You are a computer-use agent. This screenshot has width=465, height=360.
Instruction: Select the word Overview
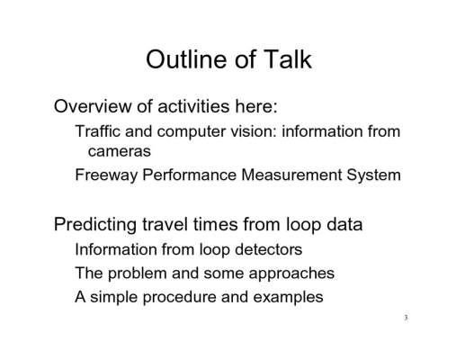coord(93,106)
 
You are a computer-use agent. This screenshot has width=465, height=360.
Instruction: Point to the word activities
coord(193,106)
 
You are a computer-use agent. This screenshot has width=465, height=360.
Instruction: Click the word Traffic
coord(98,131)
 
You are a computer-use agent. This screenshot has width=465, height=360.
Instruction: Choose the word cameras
coord(120,151)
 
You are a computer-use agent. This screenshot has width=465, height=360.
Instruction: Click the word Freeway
coord(106,175)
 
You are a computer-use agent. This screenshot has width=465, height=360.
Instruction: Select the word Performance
coord(190,175)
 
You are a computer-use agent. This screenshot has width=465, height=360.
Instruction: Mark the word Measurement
coord(291,175)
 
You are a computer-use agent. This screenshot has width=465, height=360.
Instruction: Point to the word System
coord(374,175)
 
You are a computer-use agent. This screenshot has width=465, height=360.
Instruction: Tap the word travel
coord(165,224)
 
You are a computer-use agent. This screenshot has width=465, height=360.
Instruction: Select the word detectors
coord(268,249)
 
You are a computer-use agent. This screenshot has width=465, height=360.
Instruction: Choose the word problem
coord(138,274)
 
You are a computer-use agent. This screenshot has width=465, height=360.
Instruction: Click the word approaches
coord(291,274)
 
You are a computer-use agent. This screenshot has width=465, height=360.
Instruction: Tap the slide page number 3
coord(406,318)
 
